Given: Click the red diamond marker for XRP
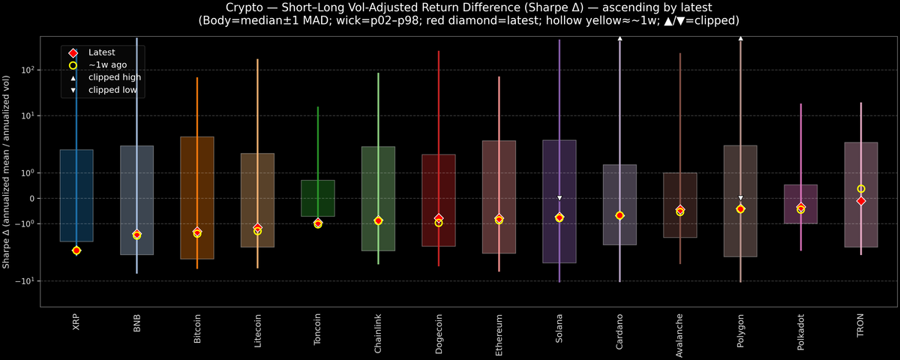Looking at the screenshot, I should (x=76, y=250).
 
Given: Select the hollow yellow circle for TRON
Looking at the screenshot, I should (x=861, y=189).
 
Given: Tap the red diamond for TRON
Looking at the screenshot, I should (x=861, y=201).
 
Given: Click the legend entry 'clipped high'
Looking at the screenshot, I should (x=114, y=77).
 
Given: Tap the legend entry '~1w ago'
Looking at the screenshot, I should (x=107, y=65).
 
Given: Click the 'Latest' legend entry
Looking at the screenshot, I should (x=103, y=52).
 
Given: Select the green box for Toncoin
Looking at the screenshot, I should (x=318, y=198).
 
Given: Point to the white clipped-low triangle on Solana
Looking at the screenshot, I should (x=559, y=198).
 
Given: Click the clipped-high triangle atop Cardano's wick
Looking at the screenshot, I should (x=620, y=37).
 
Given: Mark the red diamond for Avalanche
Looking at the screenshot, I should (x=680, y=210).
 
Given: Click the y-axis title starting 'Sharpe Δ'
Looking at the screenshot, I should (x=7, y=172).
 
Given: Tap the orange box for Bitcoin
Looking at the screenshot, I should (x=197, y=198).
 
